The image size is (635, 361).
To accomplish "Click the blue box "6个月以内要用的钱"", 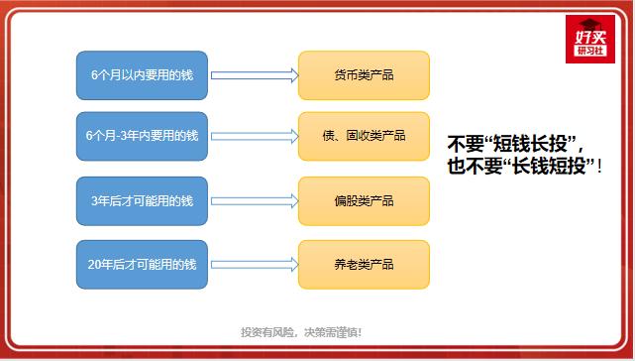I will (x=142, y=74).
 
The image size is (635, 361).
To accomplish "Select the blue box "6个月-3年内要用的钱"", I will (x=142, y=136).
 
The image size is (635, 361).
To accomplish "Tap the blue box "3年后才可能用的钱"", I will (x=142, y=201).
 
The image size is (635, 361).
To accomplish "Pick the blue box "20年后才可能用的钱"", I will (x=142, y=265).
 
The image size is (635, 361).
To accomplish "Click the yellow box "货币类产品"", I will (x=364, y=74).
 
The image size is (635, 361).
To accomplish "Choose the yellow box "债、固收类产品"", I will (x=364, y=136).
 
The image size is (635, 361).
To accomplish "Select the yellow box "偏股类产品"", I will (x=364, y=201).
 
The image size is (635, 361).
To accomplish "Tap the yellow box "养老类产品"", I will (x=364, y=265).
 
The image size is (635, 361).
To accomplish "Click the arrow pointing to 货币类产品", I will (x=254, y=74).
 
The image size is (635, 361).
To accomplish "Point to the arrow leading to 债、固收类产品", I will (x=254, y=136).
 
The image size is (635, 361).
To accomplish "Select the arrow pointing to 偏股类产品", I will (x=254, y=201).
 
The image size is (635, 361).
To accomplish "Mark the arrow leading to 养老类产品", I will (x=254, y=265).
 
